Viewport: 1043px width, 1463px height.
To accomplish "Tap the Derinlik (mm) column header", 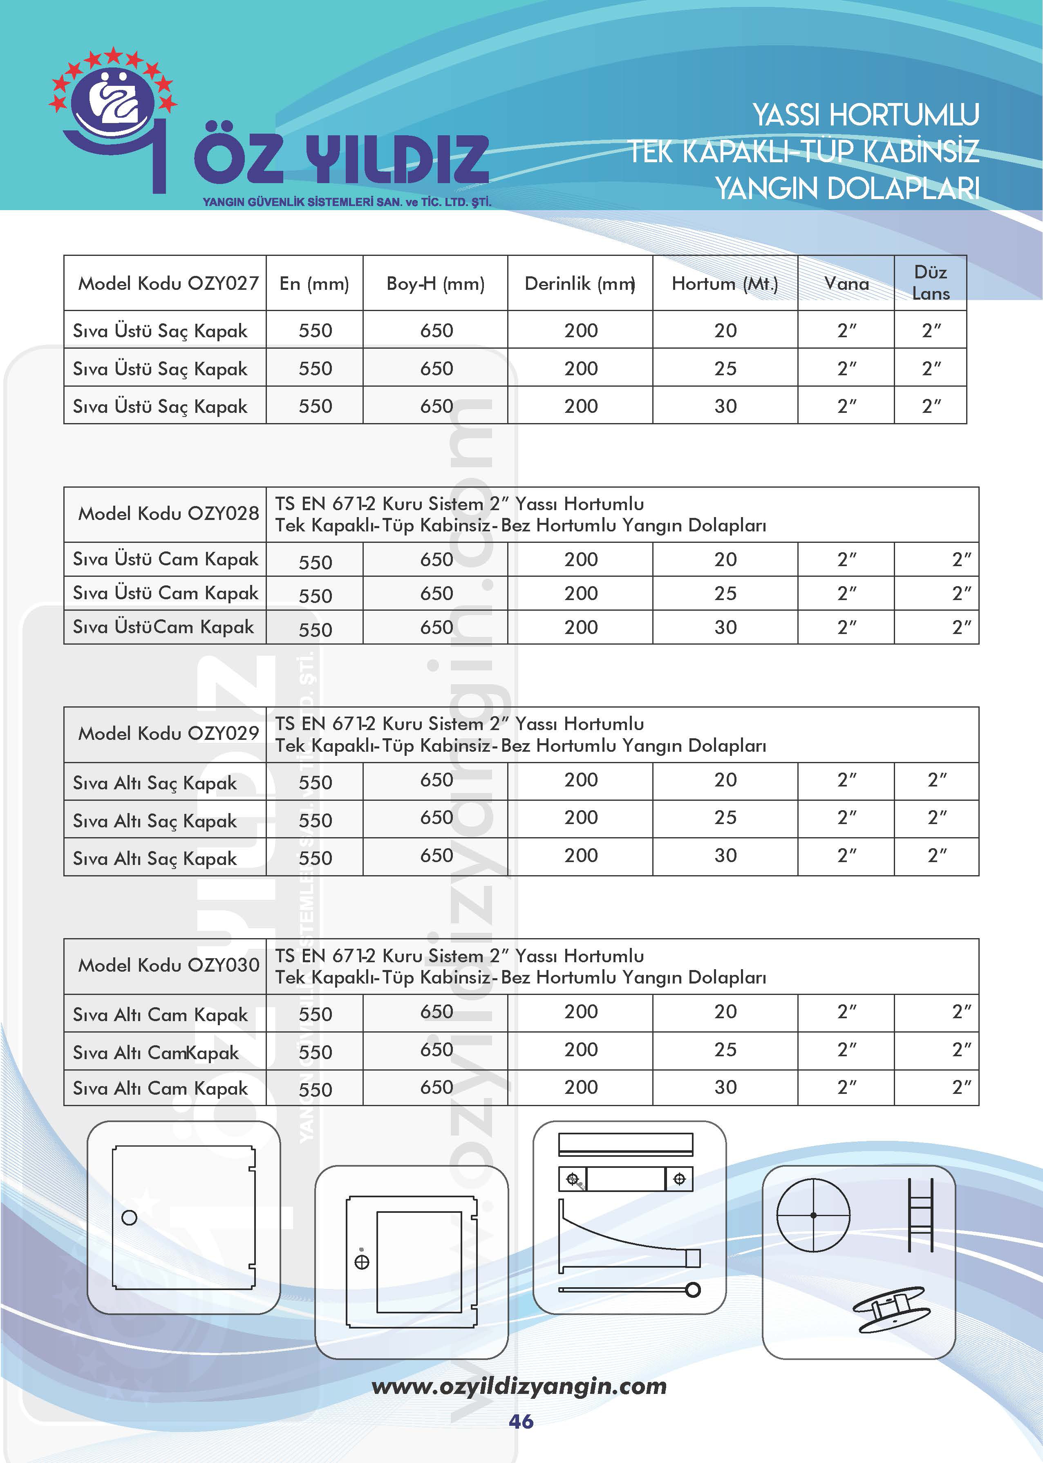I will click(x=580, y=283).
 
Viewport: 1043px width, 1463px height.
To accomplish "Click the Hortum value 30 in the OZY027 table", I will click(x=725, y=406).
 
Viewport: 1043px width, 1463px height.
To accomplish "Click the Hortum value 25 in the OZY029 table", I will click(x=725, y=818).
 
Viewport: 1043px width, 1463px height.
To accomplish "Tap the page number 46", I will click(x=521, y=1421).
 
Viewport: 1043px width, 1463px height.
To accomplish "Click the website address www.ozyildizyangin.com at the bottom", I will click(x=519, y=1386).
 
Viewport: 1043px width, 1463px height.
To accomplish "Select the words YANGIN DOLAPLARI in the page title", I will click(x=847, y=188).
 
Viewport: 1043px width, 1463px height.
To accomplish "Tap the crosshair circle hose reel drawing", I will click(x=813, y=1215).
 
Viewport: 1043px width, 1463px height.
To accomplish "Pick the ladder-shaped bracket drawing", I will click(x=920, y=1215).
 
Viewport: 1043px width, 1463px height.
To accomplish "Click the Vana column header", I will click(x=846, y=283).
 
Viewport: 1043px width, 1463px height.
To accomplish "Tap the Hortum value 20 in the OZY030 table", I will click(x=725, y=1012).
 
